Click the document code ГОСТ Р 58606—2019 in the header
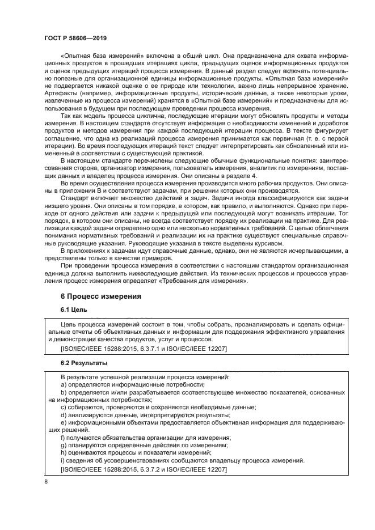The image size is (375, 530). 75,37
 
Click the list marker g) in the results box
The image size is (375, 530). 64,446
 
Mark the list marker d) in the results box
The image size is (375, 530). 64,414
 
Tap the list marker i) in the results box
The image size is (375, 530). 62,461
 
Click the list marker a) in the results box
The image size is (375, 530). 64,384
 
